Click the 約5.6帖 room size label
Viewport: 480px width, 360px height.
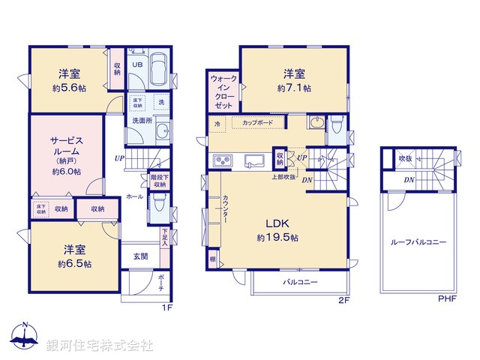(x=69, y=88)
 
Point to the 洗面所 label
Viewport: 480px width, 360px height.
(x=141, y=120)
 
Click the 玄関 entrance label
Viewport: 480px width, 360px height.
(x=140, y=256)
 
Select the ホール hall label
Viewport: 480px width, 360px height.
(x=134, y=196)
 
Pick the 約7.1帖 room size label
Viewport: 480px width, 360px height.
(x=294, y=88)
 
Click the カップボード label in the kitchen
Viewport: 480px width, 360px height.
(x=258, y=121)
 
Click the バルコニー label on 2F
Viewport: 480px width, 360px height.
(x=301, y=283)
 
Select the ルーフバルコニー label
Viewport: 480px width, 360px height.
(x=418, y=242)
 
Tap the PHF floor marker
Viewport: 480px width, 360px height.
(x=447, y=298)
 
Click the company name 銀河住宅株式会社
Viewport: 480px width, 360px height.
(x=100, y=346)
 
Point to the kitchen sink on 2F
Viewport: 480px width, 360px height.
(x=253, y=159)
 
